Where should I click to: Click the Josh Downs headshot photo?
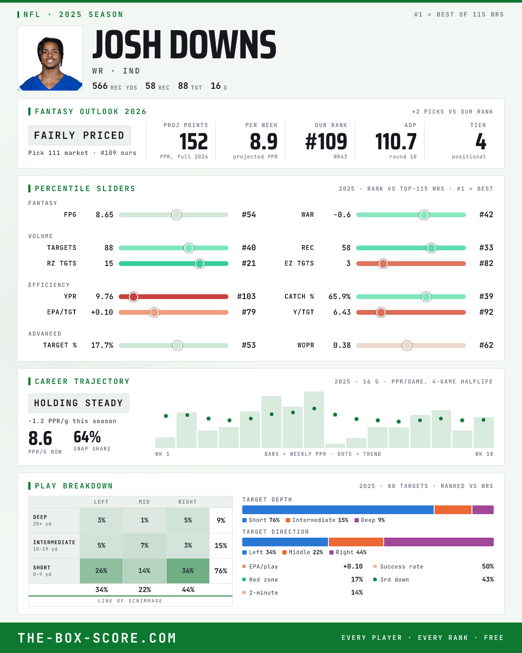pyautogui.click(x=50, y=58)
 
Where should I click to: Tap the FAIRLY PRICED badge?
pyautogui.click(x=80, y=135)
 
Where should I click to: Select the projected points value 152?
pyautogui.click(x=194, y=142)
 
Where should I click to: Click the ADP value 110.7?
pyautogui.click(x=396, y=142)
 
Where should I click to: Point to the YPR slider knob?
pyautogui.click(x=134, y=297)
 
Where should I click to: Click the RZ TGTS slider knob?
pyautogui.click(x=200, y=264)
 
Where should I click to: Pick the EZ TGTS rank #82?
pyautogui.click(x=486, y=263)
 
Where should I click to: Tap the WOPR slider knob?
pyautogui.click(x=407, y=345)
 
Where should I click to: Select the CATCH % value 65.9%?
pyautogui.click(x=339, y=296)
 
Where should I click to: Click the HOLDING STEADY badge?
pyautogui.click(x=79, y=403)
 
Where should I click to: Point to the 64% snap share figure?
pyautogui.click(x=87, y=437)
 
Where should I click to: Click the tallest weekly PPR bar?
pyautogui.click(x=314, y=419)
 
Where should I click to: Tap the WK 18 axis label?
pyautogui.click(x=484, y=454)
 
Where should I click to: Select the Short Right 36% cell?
pyautogui.click(x=188, y=571)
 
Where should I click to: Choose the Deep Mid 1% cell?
pyautogui.click(x=144, y=520)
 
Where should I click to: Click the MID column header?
pyautogui.click(x=144, y=502)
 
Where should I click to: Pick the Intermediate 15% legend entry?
pyautogui.click(x=317, y=520)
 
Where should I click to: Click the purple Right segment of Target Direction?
pyautogui.click(x=438, y=542)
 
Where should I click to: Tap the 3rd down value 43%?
pyautogui.click(x=488, y=579)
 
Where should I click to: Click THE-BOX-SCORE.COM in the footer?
pyautogui.click(x=97, y=638)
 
